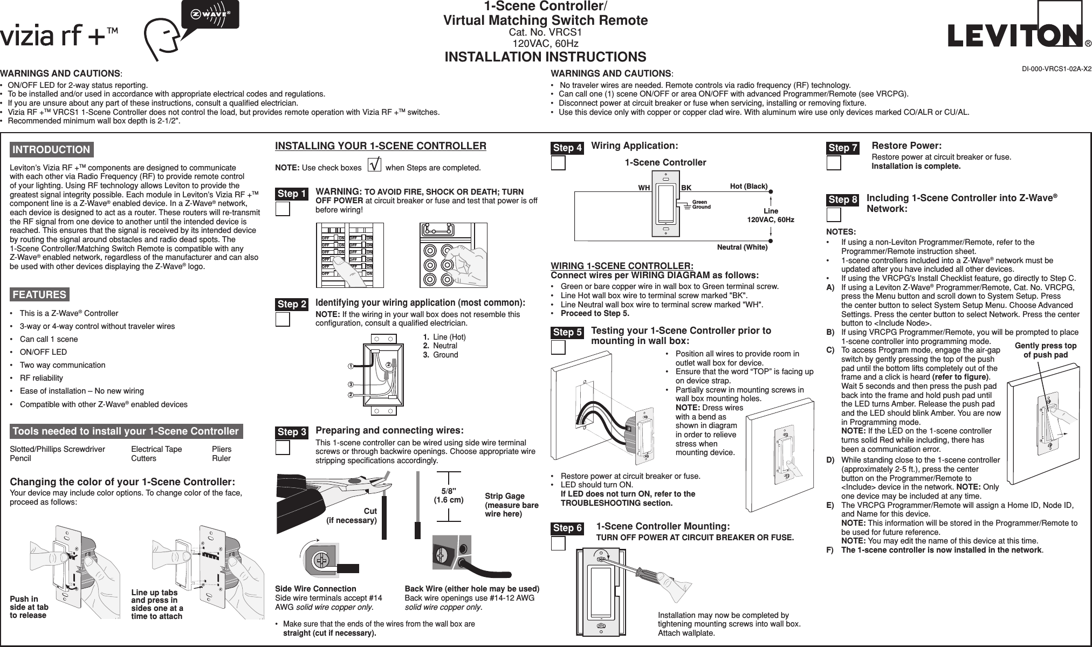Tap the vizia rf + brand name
59,36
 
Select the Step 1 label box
292,194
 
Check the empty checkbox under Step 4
559,163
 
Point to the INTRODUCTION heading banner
52,149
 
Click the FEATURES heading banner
39,294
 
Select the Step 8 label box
843,200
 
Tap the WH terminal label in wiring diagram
644,189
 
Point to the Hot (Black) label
748,187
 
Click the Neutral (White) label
742,247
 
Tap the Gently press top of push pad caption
1045,350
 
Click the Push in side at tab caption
29,607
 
